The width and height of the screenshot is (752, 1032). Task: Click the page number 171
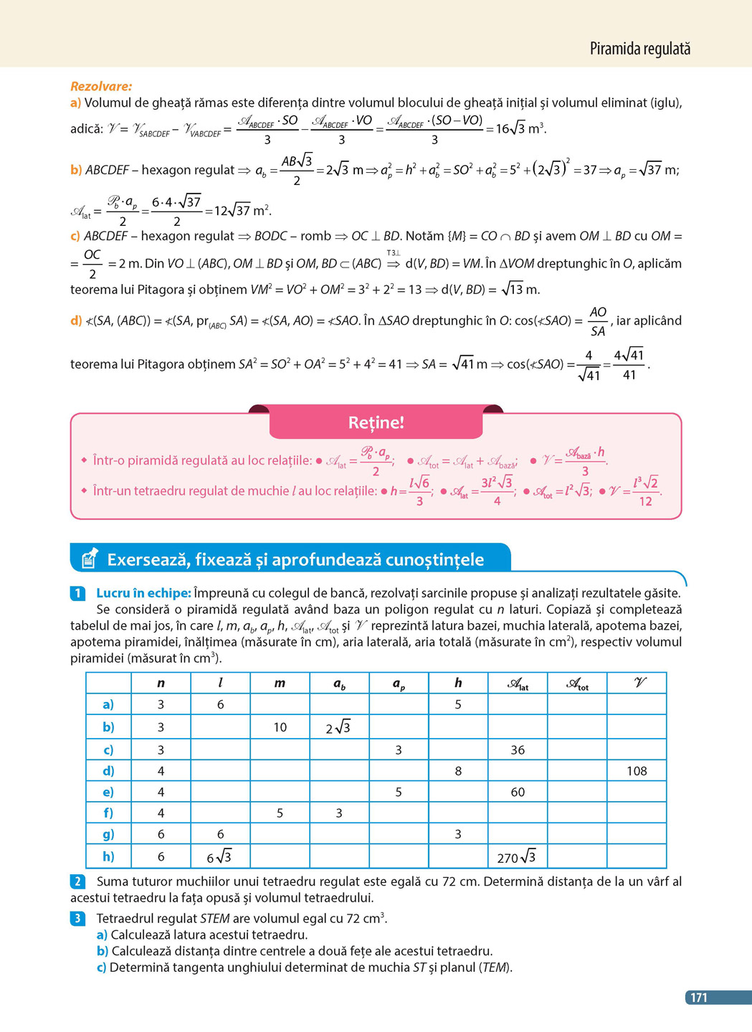698,997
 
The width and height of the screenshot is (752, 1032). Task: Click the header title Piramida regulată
639,49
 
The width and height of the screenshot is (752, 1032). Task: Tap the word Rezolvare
101,86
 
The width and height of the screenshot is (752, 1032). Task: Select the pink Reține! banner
376,422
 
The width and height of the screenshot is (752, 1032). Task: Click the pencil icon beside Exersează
89,559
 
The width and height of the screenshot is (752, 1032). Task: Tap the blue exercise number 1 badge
78,593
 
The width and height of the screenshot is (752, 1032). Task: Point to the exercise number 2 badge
78,881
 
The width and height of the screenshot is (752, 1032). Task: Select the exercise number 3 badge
78,918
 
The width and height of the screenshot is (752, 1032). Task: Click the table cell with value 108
637,771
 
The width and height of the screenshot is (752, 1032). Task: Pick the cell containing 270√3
517,857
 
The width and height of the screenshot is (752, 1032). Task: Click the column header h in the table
458,683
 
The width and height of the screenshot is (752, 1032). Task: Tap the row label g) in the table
108,834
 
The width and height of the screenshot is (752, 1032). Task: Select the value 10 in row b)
280,727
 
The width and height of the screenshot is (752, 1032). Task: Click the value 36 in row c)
518,750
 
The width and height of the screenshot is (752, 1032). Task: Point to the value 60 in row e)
518,792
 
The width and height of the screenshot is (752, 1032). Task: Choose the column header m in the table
280,683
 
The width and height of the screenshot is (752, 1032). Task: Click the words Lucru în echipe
143,593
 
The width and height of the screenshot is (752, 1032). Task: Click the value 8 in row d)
458,771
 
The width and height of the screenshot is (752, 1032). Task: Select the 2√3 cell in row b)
338,727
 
